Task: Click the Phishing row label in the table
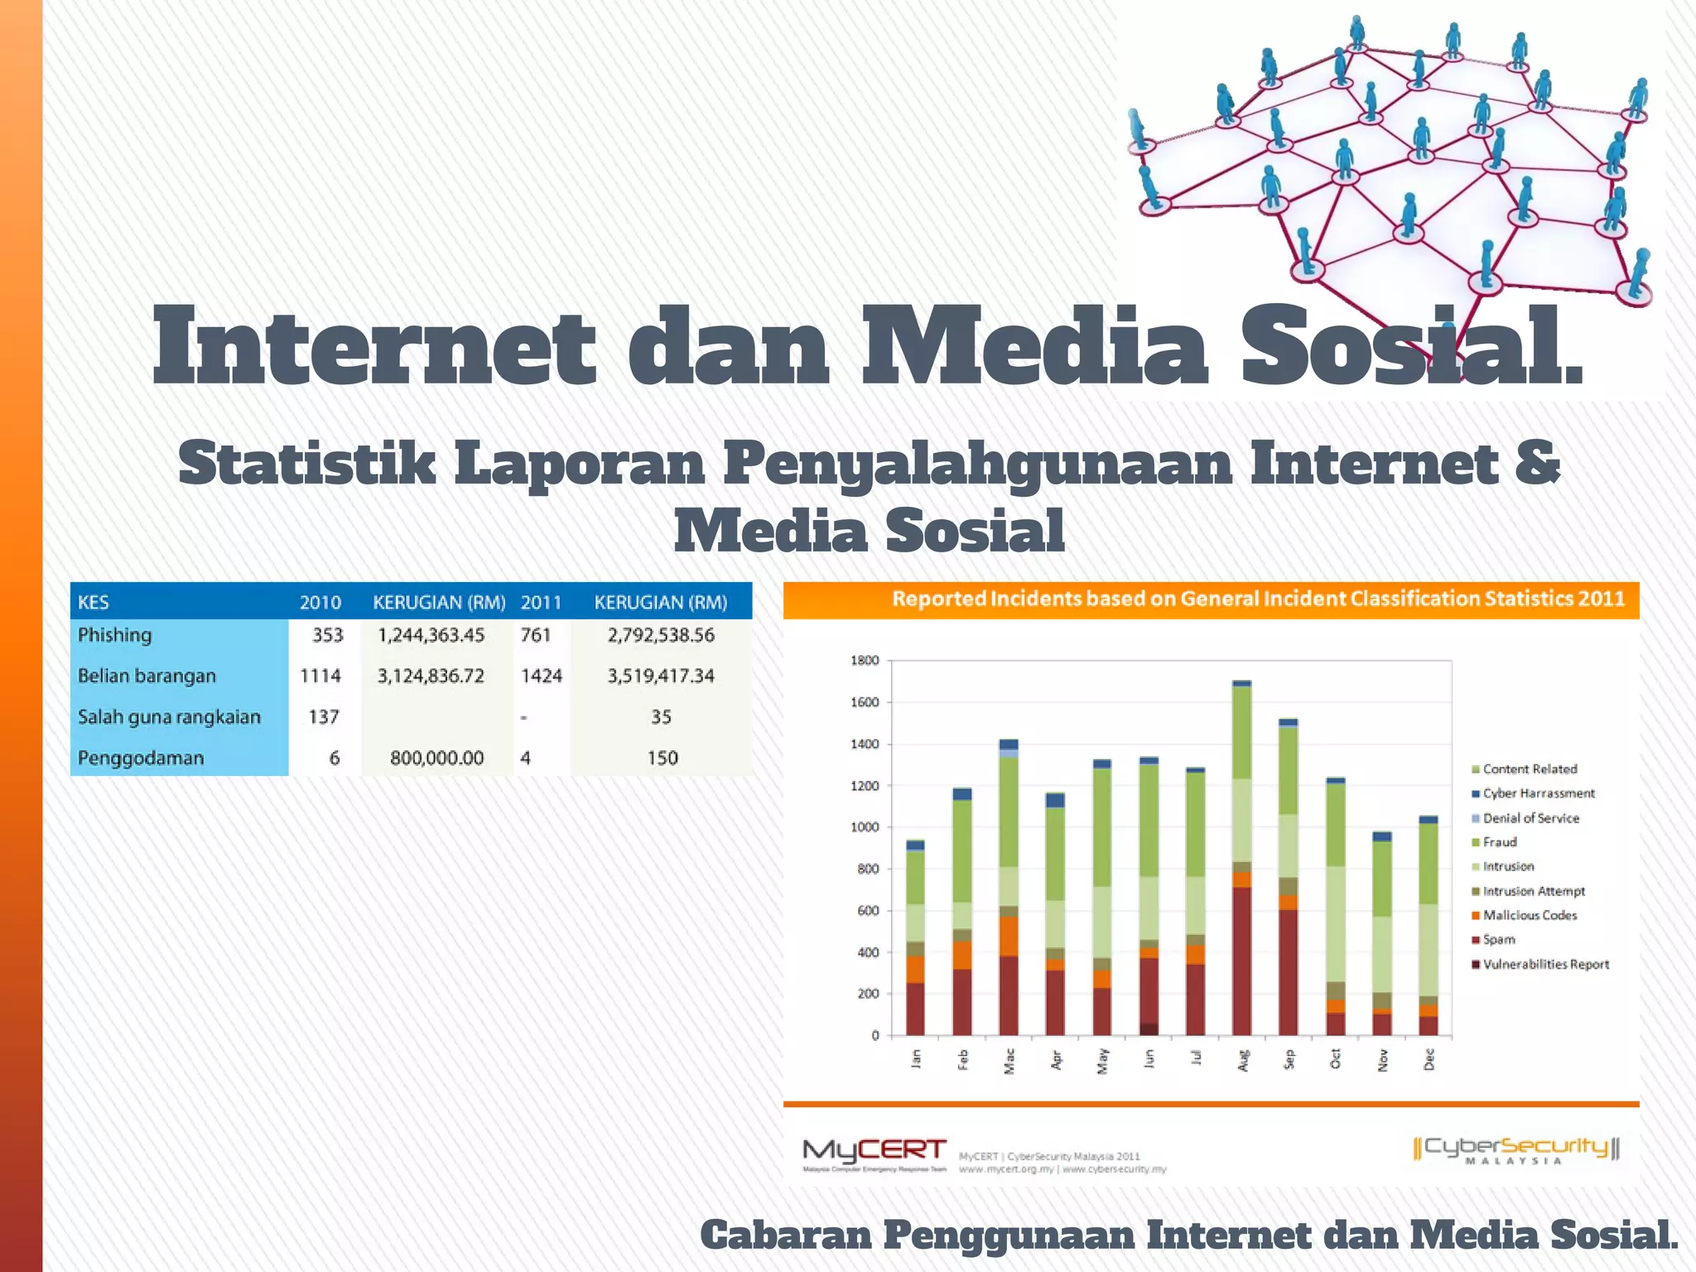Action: pos(115,635)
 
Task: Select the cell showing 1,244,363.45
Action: pos(431,635)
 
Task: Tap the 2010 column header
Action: pos(320,602)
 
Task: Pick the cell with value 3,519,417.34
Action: pos(661,676)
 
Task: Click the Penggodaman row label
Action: pos(141,758)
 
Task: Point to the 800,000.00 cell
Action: pos(436,758)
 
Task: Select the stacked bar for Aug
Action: pos(1241,861)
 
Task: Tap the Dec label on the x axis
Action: pos(1429,1059)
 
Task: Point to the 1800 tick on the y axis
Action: pos(865,660)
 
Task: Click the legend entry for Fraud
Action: pos(1499,842)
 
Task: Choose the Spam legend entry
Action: pos(1498,940)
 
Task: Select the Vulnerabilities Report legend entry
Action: pos(1545,965)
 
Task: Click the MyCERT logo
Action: pos(874,1153)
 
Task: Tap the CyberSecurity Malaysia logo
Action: pos(1515,1149)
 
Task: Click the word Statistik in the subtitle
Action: pos(306,464)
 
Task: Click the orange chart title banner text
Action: pos(1258,599)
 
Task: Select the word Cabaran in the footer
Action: pos(784,1236)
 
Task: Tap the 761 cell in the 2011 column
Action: pos(536,635)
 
